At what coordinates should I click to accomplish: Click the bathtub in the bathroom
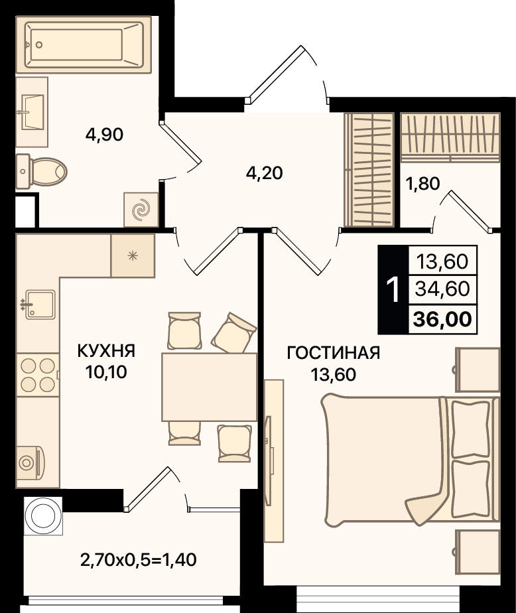coord(84,44)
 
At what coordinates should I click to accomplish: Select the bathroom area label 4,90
coord(104,135)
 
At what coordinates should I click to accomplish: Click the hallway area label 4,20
coord(264,172)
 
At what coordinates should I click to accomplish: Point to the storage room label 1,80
coord(422,183)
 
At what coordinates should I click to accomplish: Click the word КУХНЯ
coord(106,351)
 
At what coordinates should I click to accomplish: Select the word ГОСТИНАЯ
coord(334,353)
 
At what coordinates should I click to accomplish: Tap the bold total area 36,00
coord(443,319)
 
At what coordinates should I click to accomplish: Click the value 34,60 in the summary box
coord(442,289)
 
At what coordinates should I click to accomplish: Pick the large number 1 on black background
coord(393,290)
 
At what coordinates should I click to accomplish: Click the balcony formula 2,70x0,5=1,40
coord(139,560)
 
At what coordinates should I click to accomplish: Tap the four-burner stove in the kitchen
coord(38,375)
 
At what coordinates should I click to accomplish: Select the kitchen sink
coord(38,305)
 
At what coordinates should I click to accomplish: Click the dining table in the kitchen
coord(209,387)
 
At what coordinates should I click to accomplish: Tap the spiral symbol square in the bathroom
coord(141,210)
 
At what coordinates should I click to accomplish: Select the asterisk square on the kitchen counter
coord(133,255)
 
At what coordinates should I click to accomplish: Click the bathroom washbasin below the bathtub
coord(32,112)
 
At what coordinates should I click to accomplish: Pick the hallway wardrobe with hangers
coord(369,170)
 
